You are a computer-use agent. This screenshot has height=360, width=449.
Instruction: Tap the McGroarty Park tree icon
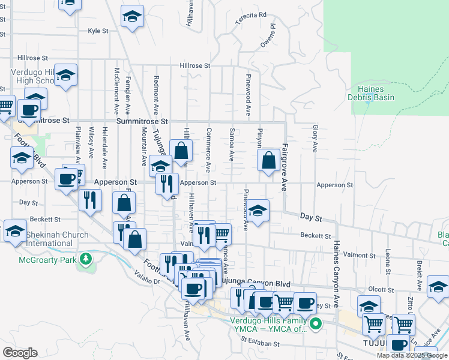point(87,259)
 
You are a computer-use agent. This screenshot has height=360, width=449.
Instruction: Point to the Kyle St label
point(98,31)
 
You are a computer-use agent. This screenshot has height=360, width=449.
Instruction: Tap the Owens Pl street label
point(268,36)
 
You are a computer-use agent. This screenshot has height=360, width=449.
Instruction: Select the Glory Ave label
point(314,137)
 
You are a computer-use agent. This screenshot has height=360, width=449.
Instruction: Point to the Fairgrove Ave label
point(285,167)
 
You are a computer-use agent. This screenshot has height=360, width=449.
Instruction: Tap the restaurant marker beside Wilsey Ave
point(90,199)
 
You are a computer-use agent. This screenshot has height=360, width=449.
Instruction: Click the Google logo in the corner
point(20,353)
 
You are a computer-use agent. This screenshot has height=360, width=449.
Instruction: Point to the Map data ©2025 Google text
point(412,355)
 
